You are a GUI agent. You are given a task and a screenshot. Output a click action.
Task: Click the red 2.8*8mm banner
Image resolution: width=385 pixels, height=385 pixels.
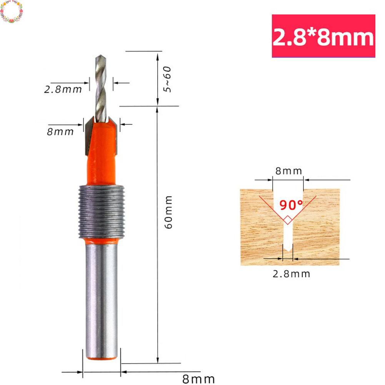pyautogui.click(x=323, y=36)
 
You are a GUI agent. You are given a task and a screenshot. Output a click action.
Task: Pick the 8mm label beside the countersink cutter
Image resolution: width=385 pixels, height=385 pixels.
pyautogui.click(x=60, y=132)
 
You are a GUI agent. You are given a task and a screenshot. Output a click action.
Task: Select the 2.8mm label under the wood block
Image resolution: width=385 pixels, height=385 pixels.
pyautogui.click(x=291, y=274)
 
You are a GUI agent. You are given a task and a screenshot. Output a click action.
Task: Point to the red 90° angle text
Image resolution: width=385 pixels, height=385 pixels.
pyautogui.click(x=291, y=205)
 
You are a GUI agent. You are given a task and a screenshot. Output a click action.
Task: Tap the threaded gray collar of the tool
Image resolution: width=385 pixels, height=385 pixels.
pyautogui.click(x=100, y=212)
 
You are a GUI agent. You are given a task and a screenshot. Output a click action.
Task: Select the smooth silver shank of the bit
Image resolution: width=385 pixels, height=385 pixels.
pyautogui.click(x=100, y=300)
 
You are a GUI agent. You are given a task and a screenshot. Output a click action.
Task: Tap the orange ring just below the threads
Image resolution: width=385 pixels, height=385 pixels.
pyautogui.click(x=100, y=242)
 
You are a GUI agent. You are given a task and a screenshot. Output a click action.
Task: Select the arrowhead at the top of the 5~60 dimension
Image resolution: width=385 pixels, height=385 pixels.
pyautogui.click(x=157, y=56)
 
